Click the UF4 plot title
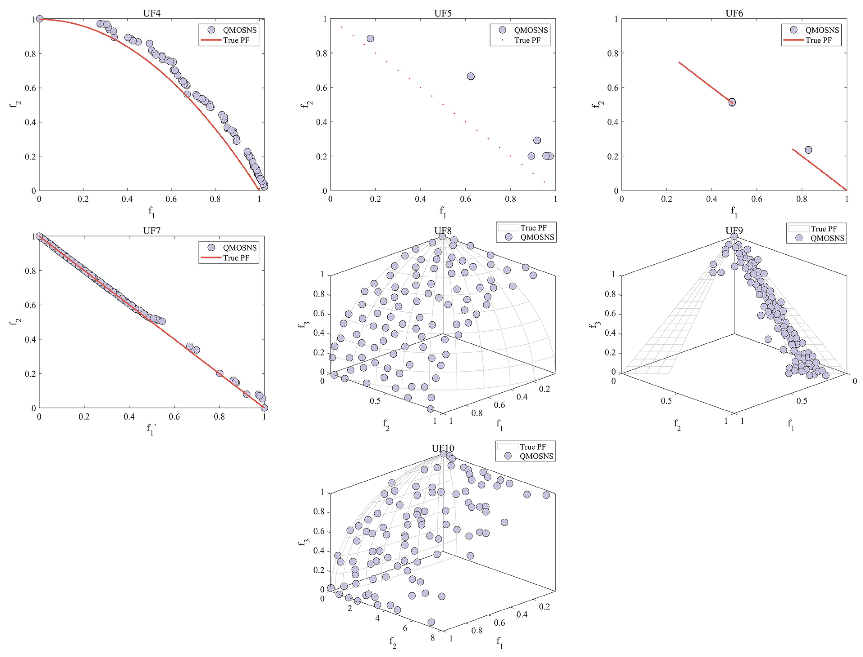tap(152, 13)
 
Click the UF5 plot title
tap(443, 13)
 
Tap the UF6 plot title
tap(734, 13)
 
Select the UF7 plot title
tap(152, 231)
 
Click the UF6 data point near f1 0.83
tap(808, 150)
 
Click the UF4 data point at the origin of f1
tap(40, 19)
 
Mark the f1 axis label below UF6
tap(734, 212)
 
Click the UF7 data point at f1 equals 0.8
tap(220, 373)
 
